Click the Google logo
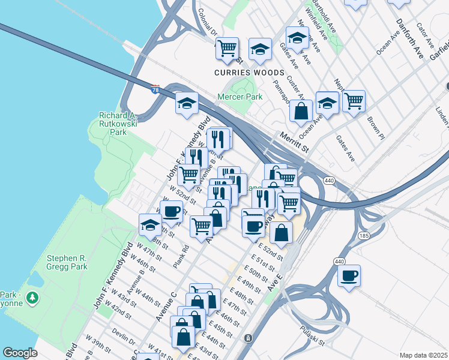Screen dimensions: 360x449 click(20, 353)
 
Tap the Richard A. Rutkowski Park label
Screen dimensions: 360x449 click(113, 124)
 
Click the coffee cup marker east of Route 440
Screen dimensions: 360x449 click(349, 277)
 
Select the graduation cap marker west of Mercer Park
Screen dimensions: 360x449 click(187, 103)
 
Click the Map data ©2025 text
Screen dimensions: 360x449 click(423, 355)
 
